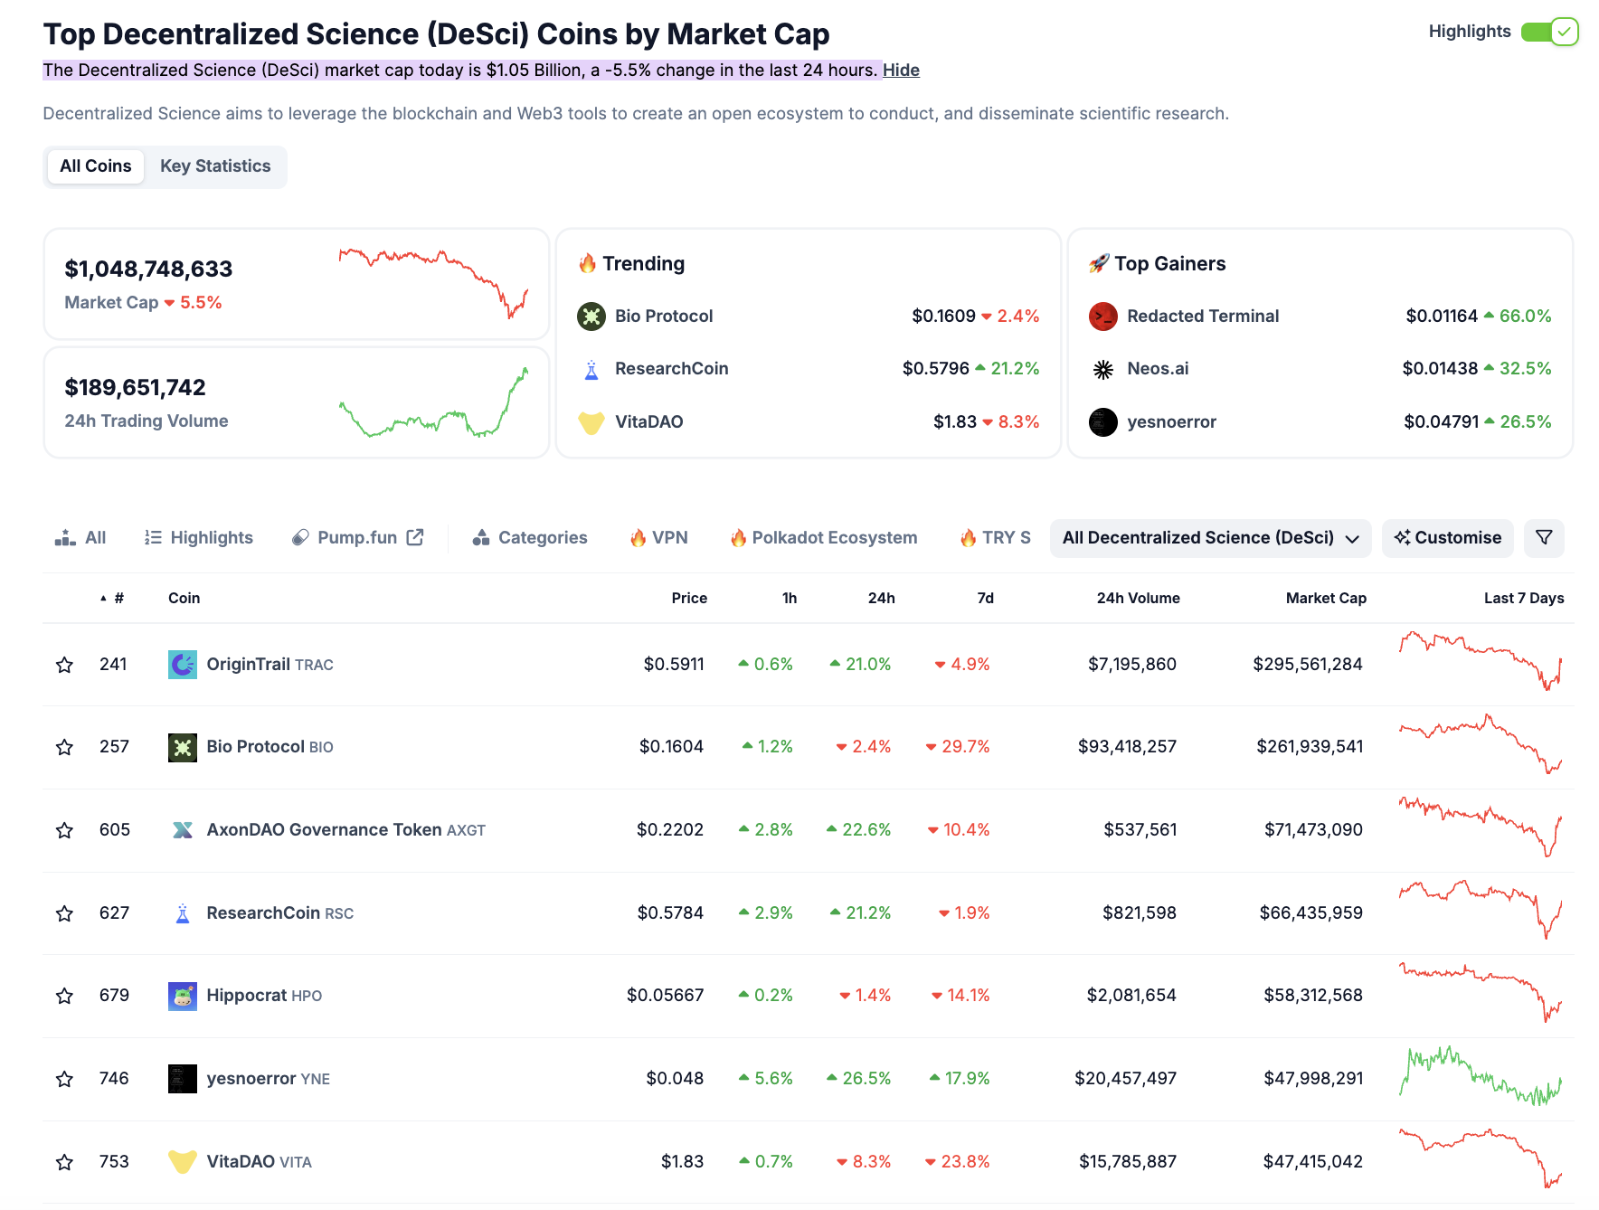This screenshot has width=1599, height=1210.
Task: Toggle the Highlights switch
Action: [1549, 32]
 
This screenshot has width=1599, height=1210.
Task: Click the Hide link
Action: [901, 71]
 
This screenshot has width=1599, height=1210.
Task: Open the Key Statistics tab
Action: [215, 166]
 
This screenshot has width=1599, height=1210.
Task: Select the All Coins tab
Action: [96, 166]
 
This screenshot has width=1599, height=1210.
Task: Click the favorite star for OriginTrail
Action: [64, 666]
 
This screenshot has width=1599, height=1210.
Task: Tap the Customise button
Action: [1447, 538]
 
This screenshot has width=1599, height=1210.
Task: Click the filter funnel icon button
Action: [1544, 538]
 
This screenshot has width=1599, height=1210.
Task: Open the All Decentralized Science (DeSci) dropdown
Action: [1210, 538]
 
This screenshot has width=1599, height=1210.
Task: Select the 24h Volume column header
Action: [1138, 599]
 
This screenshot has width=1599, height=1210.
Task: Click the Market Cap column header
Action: [1326, 599]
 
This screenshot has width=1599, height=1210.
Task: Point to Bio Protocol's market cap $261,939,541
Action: [1310, 747]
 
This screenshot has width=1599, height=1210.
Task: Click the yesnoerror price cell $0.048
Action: [675, 1079]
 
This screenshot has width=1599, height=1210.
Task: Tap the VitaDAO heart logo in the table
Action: [183, 1162]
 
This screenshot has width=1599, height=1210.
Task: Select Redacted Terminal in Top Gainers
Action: [1202, 317]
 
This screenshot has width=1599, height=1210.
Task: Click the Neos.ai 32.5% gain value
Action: [1525, 369]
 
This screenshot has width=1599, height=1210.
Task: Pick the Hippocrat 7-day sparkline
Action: [1481, 993]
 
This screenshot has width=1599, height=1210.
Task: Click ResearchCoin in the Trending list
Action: [671, 369]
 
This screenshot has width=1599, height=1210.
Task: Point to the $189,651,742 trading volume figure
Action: [136, 388]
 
